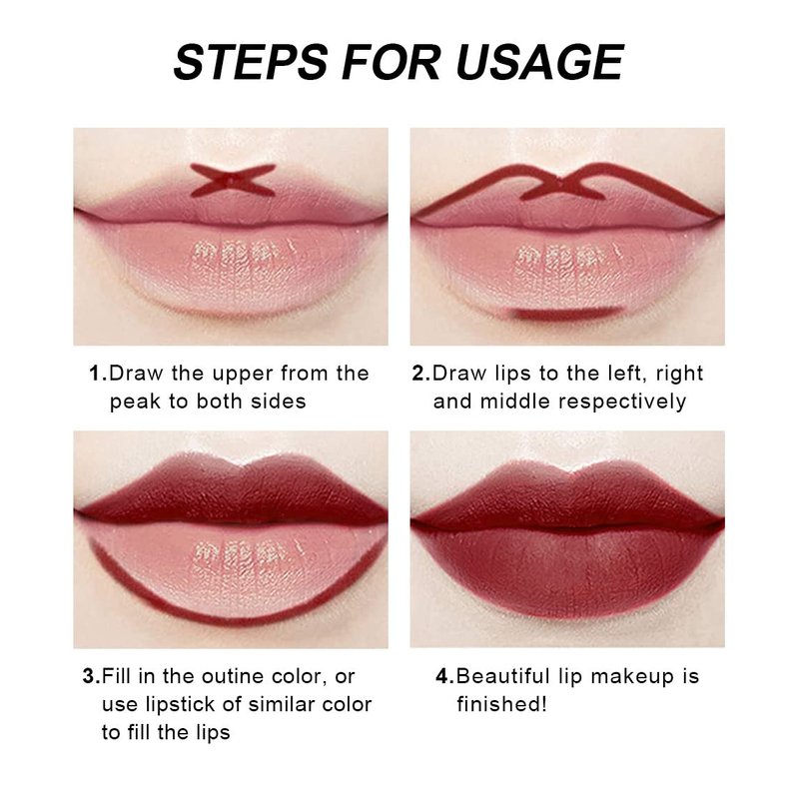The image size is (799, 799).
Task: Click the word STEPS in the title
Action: [251, 62]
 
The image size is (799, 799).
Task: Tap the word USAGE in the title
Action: [540, 62]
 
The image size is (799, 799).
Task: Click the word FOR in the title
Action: [392, 62]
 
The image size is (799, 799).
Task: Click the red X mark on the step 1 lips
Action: [233, 181]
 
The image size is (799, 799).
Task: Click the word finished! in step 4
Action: [501, 705]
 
